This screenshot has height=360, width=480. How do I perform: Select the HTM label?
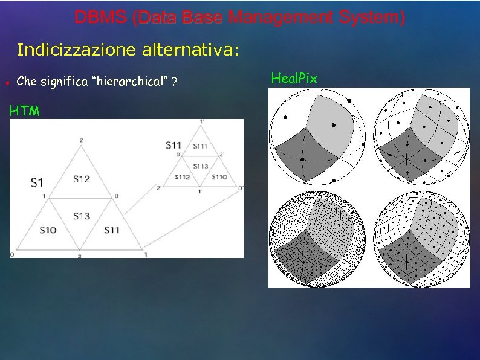point(25,111)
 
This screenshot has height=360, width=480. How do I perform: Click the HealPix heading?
point(294,78)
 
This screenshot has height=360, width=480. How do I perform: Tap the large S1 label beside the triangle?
point(36,181)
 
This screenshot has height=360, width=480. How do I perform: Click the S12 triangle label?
point(82,179)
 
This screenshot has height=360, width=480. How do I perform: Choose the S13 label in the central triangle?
point(81,216)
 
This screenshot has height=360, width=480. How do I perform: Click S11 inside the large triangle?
point(112,230)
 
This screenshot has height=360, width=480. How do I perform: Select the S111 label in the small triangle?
point(200,146)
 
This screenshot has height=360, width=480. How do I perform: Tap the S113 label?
point(200,166)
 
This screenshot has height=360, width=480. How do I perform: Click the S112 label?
point(183,177)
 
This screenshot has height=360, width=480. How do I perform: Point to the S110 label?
point(219,177)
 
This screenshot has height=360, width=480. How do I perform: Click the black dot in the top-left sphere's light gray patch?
point(332,124)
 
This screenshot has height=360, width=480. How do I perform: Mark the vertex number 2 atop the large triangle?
point(81,141)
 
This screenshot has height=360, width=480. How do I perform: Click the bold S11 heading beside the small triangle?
point(174,146)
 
